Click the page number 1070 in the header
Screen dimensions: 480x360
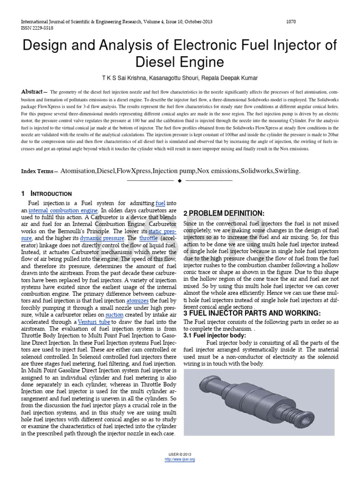pos(291,22)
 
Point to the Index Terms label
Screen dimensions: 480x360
pos(37,172)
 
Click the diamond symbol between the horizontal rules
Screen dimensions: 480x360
pos(180,180)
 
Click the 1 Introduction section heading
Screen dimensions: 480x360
pos(46,194)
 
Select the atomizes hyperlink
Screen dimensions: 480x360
pos(139,299)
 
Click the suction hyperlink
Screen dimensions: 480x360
pos(114,315)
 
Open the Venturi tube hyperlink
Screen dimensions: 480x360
pos(94,322)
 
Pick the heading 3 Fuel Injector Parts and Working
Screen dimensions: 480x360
pos(252,313)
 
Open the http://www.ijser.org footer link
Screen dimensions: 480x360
pos(180,459)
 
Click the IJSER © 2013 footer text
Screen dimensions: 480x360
pos(180,455)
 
